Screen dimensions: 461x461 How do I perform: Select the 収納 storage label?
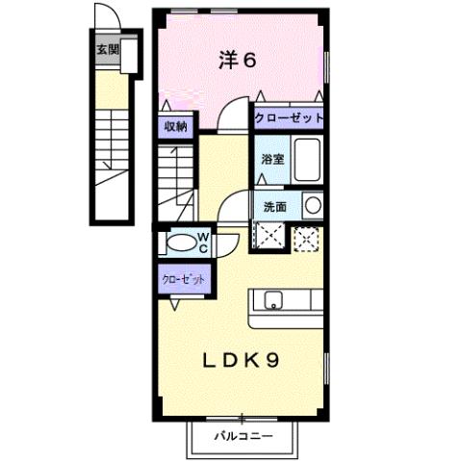(x=174, y=126)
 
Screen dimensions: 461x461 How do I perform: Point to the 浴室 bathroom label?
(x=270, y=160)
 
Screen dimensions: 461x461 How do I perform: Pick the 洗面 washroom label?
(x=271, y=206)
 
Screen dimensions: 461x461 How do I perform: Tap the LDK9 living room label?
(x=241, y=361)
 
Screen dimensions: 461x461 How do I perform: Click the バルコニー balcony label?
(x=242, y=435)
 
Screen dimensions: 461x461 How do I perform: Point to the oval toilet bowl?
(x=179, y=242)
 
